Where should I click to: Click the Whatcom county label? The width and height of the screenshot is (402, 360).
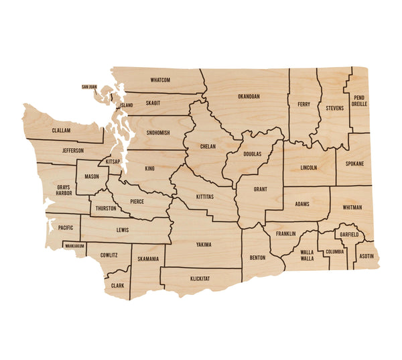pyautogui.click(x=160, y=80)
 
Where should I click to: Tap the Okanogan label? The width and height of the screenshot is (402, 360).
pyautogui.click(x=249, y=97)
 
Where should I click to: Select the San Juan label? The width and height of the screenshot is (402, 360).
pyautogui.click(x=90, y=86)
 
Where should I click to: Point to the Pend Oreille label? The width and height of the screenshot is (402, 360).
pyautogui.click(x=359, y=101)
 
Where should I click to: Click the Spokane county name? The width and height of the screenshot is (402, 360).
pyautogui.click(x=354, y=164)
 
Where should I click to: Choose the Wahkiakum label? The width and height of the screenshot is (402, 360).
pyautogui.click(x=74, y=246)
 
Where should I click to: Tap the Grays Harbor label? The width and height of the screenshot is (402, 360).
pyautogui.click(x=64, y=190)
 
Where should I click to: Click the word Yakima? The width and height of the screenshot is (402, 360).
pyautogui.click(x=204, y=245)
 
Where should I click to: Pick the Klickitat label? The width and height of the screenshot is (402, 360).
pyautogui.click(x=200, y=278)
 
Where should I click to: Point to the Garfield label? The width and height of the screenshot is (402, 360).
pyautogui.click(x=349, y=235)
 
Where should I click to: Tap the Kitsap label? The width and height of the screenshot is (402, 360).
pyautogui.click(x=113, y=162)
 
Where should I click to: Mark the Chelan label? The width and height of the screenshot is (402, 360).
pyautogui.click(x=208, y=146)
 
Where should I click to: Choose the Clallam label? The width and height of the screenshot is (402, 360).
pyautogui.click(x=61, y=131)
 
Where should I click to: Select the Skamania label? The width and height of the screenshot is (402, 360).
pyautogui.click(x=148, y=259)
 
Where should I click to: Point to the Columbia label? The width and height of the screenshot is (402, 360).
pyautogui.click(x=334, y=252)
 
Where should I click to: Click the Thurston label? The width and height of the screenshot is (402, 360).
pyautogui.click(x=106, y=208)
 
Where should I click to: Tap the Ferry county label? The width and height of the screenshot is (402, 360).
pyautogui.click(x=304, y=104)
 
